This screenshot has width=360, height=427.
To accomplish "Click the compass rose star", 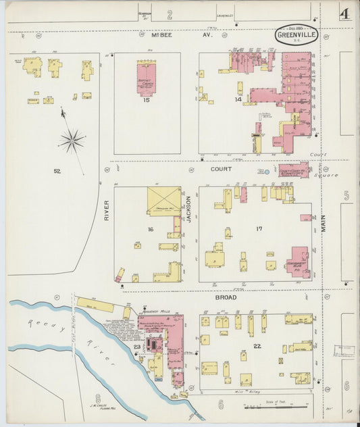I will tap(71, 141).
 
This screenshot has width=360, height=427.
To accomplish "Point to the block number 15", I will tap(146, 101).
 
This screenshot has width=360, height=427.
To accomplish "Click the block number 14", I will tap(238, 100).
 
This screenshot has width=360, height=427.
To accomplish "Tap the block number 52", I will tap(57, 172).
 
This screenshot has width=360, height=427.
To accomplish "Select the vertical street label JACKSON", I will tap(190, 209).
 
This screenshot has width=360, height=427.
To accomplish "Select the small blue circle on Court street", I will tap(267, 172).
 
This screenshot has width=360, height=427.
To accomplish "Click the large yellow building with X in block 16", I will tap(164, 201).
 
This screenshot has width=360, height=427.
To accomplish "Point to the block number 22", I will tap(257, 347).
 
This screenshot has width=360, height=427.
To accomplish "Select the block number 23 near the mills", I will tap(136, 347).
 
